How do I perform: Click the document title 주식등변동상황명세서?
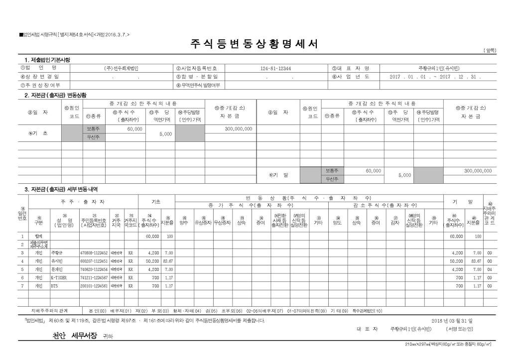tap(254, 44)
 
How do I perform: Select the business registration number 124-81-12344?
tap(275, 68)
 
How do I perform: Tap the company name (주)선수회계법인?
tap(121, 68)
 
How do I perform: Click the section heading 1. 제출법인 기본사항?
tap(44, 60)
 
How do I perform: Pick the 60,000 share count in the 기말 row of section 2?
tap(373, 171)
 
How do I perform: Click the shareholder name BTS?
tap(54, 286)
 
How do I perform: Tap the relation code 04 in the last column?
tap(490, 269)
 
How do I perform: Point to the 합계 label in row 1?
tap(38, 237)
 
